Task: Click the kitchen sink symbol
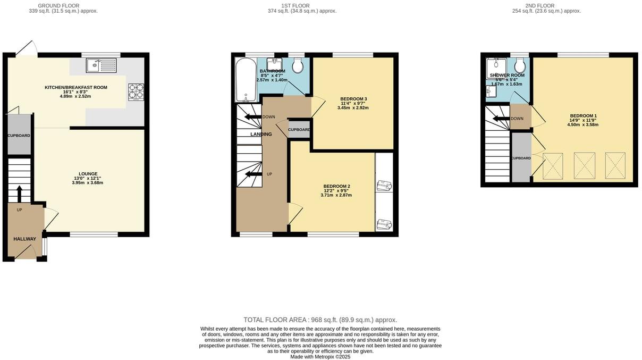click(101, 65)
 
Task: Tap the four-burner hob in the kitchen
click(136, 91)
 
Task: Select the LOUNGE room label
click(88, 173)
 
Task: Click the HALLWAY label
click(24, 239)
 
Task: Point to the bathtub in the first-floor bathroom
click(246, 80)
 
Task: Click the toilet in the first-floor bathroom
click(298, 66)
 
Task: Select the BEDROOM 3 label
click(353, 99)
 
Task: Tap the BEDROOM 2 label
click(336, 186)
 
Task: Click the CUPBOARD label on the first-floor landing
click(299, 130)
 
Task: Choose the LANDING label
click(261, 134)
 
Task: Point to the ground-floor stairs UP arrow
click(20, 194)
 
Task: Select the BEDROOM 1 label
click(584, 116)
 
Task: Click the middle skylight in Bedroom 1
click(584, 165)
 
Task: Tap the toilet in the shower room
click(520, 66)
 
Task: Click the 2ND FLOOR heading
click(558, 6)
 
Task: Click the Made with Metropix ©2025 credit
click(320, 357)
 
